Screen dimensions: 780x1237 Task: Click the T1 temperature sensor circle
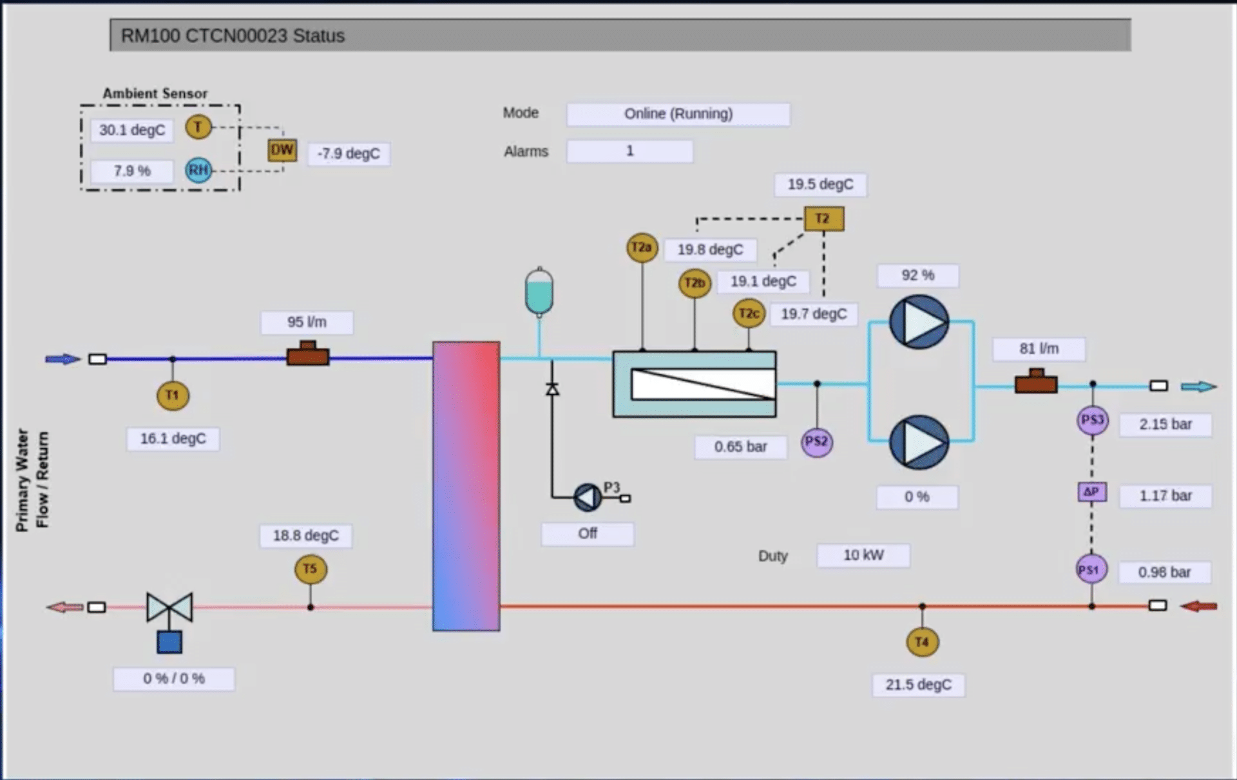(x=173, y=395)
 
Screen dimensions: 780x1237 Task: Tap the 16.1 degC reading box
(x=173, y=439)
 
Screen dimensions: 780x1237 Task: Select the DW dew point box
(x=282, y=151)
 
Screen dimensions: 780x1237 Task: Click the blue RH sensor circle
(x=198, y=170)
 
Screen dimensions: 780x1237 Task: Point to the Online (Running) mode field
(x=678, y=114)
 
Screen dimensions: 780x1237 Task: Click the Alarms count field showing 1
(x=629, y=151)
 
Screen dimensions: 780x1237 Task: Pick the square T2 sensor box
(x=823, y=219)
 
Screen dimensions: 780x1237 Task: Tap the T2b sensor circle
(x=695, y=283)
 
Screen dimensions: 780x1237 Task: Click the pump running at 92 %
(x=919, y=322)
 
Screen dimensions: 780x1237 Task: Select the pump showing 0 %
(x=919, y=442)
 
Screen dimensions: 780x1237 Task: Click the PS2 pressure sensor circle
(x=816, y=442)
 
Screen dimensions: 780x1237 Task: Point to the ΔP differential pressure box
(x=1091, y=492)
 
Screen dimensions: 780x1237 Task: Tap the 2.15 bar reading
(x=1165, y=424)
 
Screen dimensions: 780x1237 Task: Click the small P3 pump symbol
(x=588, y=497)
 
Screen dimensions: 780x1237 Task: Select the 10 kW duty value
(x=863, y=555)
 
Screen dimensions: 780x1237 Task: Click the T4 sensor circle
(x=922, y=642)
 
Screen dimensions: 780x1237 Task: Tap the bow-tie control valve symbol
(x=169, y=607)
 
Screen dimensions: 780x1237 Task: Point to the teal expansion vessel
(x=539, y=292)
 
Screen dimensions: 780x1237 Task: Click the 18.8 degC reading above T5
(x=305, y=536)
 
